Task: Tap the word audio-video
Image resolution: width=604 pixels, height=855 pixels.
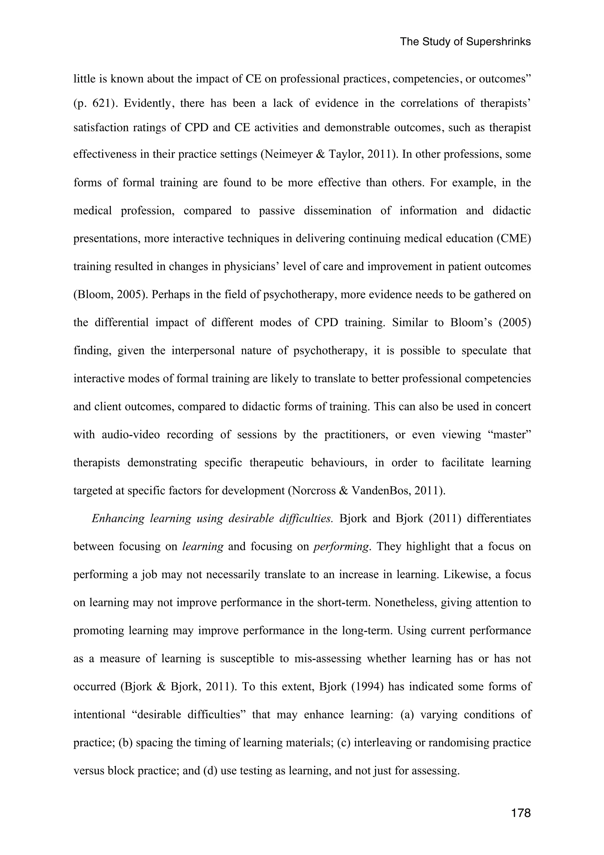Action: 131,435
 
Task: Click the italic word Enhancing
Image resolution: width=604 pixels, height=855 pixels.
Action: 118,519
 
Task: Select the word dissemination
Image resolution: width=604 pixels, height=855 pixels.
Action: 337,211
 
